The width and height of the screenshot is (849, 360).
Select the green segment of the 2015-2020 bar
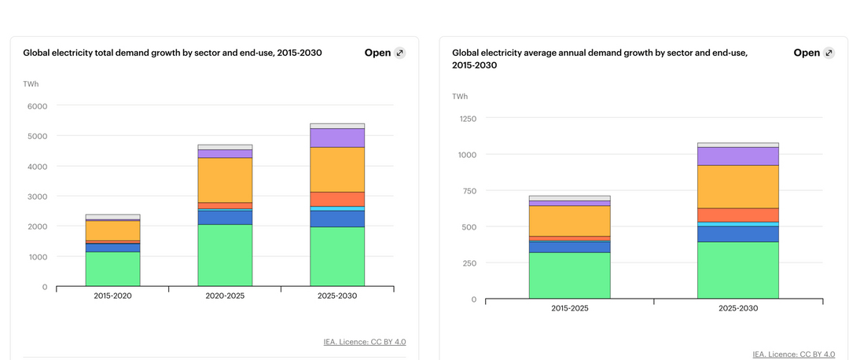click(112, 268)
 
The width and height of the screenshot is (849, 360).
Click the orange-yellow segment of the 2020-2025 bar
click(225, 180)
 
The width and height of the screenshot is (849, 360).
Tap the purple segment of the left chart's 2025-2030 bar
click(337, 138)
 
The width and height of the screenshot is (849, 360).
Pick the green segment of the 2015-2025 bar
click(569, 275)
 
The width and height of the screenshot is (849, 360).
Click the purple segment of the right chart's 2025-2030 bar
click(737, 156)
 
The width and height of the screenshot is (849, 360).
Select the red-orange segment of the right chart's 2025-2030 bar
click(737, 215)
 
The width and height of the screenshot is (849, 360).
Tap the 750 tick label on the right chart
click(469, 191)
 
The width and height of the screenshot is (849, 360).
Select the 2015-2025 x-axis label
click(569, 308)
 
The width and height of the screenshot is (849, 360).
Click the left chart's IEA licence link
click(365, 342)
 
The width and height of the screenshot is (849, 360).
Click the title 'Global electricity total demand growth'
click(172, 53)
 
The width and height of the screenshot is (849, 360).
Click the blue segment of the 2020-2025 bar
click(225, 217)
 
